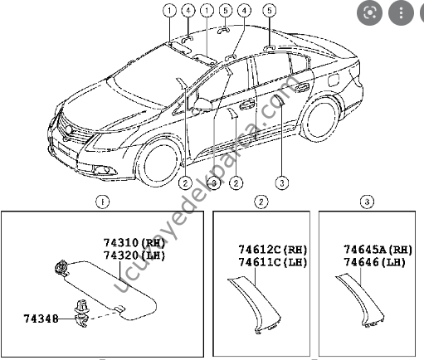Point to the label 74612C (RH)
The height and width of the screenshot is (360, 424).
261,250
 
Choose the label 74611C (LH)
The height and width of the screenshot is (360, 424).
261,262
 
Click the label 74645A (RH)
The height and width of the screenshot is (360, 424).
378,250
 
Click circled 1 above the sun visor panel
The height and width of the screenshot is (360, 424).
101,201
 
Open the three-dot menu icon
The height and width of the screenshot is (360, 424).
402,13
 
